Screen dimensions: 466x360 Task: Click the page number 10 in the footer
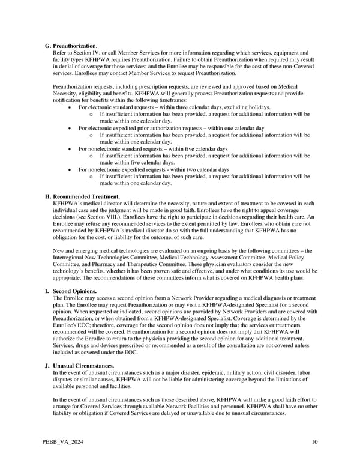(315, 443)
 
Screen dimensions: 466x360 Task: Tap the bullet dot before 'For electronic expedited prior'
(73, 129)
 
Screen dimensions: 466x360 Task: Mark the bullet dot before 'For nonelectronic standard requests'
(73, 149)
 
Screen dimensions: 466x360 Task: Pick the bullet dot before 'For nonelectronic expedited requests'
(73, 170)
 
